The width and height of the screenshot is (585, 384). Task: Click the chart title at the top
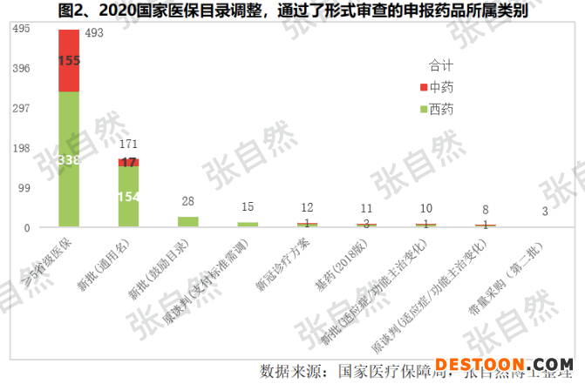(292, 12)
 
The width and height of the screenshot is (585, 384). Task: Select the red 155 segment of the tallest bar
(69, 61)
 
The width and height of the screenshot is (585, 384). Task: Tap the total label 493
(95, 33)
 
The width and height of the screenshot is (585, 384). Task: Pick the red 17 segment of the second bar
(129, 162)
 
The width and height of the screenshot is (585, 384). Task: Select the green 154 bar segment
(129, 197)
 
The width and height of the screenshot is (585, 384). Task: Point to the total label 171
(129, 143)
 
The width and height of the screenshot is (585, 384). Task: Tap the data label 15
(248, 206)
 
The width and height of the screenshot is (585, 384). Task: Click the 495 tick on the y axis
(22, 29)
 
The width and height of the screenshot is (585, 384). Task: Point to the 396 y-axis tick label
(22, 69)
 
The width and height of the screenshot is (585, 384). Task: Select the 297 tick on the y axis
(22, 109)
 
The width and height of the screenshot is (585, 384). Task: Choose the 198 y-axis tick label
(22, 148)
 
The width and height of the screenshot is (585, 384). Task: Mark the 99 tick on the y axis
(24, 188)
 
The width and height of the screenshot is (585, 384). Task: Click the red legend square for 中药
(423, 88)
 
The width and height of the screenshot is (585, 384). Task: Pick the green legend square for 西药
(423, 109)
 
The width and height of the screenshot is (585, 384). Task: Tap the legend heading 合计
(441, 66)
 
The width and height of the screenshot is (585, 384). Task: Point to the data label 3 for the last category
(545, 212)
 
